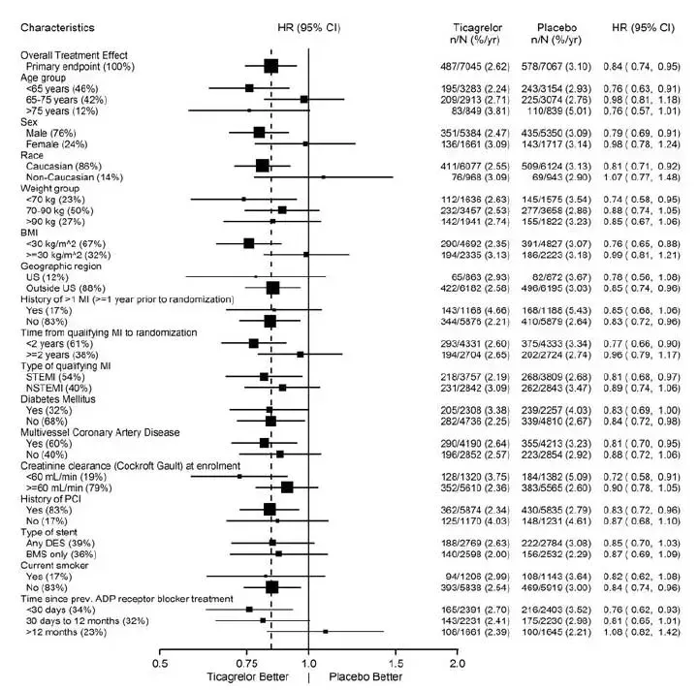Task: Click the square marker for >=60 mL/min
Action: pyautogui.click(x=287, y=487)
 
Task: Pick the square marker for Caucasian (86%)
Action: pyautogui.click(x=263, y=166)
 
